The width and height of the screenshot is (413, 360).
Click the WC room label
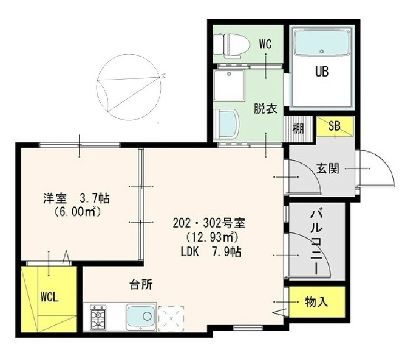(x=265, y=44)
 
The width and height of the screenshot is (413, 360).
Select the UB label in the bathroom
(x=322, y=71)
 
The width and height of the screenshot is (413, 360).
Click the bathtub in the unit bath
(x=322, y=43)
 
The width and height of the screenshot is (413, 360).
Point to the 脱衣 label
(x=265, y=109)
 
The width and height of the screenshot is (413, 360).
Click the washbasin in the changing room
(x=226, y=124)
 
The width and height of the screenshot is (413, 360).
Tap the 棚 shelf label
(x=298, y=129)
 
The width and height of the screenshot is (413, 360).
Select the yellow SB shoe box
(x=335, y=127)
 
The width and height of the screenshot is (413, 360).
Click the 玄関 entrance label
(x=327, y=168)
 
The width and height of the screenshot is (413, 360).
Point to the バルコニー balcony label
(x=315, y=242)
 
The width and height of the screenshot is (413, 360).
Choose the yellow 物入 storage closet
(x=317, y=302)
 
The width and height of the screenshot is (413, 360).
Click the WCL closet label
(x=49, y=297)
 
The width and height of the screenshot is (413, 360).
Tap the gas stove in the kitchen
(x=98, y=317)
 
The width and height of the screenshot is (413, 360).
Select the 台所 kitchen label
(x=141, y=285)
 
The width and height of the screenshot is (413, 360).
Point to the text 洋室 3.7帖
(x=76, y=198)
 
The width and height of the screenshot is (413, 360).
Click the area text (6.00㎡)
(x=78, y=211)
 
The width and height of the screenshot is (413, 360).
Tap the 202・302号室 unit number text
(x=209, y=224)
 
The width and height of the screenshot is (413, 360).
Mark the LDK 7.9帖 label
(x=211, y=252)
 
